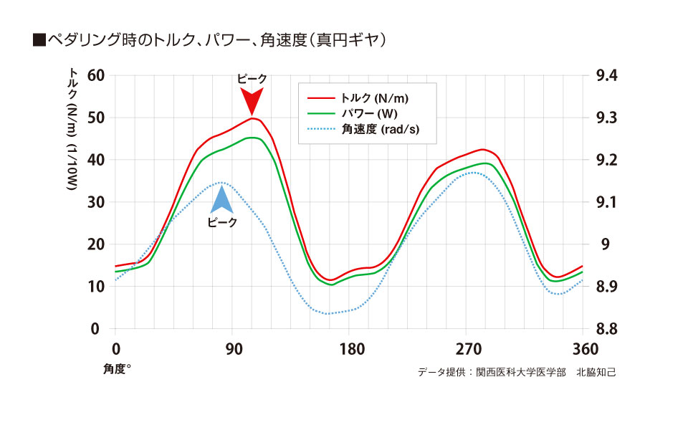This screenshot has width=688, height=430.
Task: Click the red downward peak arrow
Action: point(252,102)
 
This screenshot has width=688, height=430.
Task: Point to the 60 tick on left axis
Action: point(95,76)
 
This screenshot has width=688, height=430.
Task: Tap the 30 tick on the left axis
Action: point(95,202)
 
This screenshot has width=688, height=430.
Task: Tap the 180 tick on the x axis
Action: point(350,350)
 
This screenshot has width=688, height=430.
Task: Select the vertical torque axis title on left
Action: point(74,129)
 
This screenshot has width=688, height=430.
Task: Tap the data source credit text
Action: point(516,373)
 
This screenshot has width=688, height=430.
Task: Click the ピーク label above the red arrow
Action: point(252,79)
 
